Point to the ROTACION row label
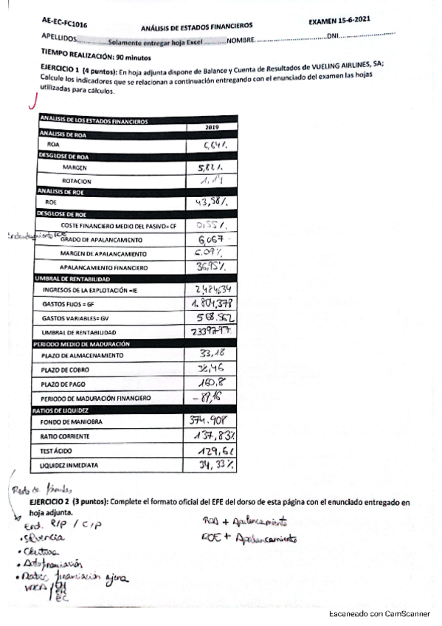[77, 180]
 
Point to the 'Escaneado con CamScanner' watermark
[376, 613]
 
